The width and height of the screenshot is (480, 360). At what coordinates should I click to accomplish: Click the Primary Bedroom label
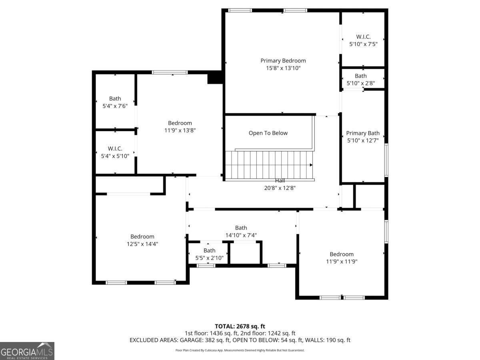[x=283, y=60]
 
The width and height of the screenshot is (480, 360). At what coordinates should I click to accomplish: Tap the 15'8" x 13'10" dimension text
[x=283, y=68]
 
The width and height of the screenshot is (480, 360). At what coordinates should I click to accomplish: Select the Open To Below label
[x=268, y=133]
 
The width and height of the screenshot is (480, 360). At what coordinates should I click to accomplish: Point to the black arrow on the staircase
[x=311, y=165]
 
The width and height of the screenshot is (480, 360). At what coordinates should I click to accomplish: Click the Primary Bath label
[x=363, y=133]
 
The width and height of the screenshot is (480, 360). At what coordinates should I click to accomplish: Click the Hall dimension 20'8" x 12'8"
[x=280, y=188]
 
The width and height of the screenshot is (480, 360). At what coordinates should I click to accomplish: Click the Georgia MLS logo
[x=27, y=351]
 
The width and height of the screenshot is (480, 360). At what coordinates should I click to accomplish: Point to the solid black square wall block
[x=215, y=77]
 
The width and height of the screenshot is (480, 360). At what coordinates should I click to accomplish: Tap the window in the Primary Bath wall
[x=386, y=160]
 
